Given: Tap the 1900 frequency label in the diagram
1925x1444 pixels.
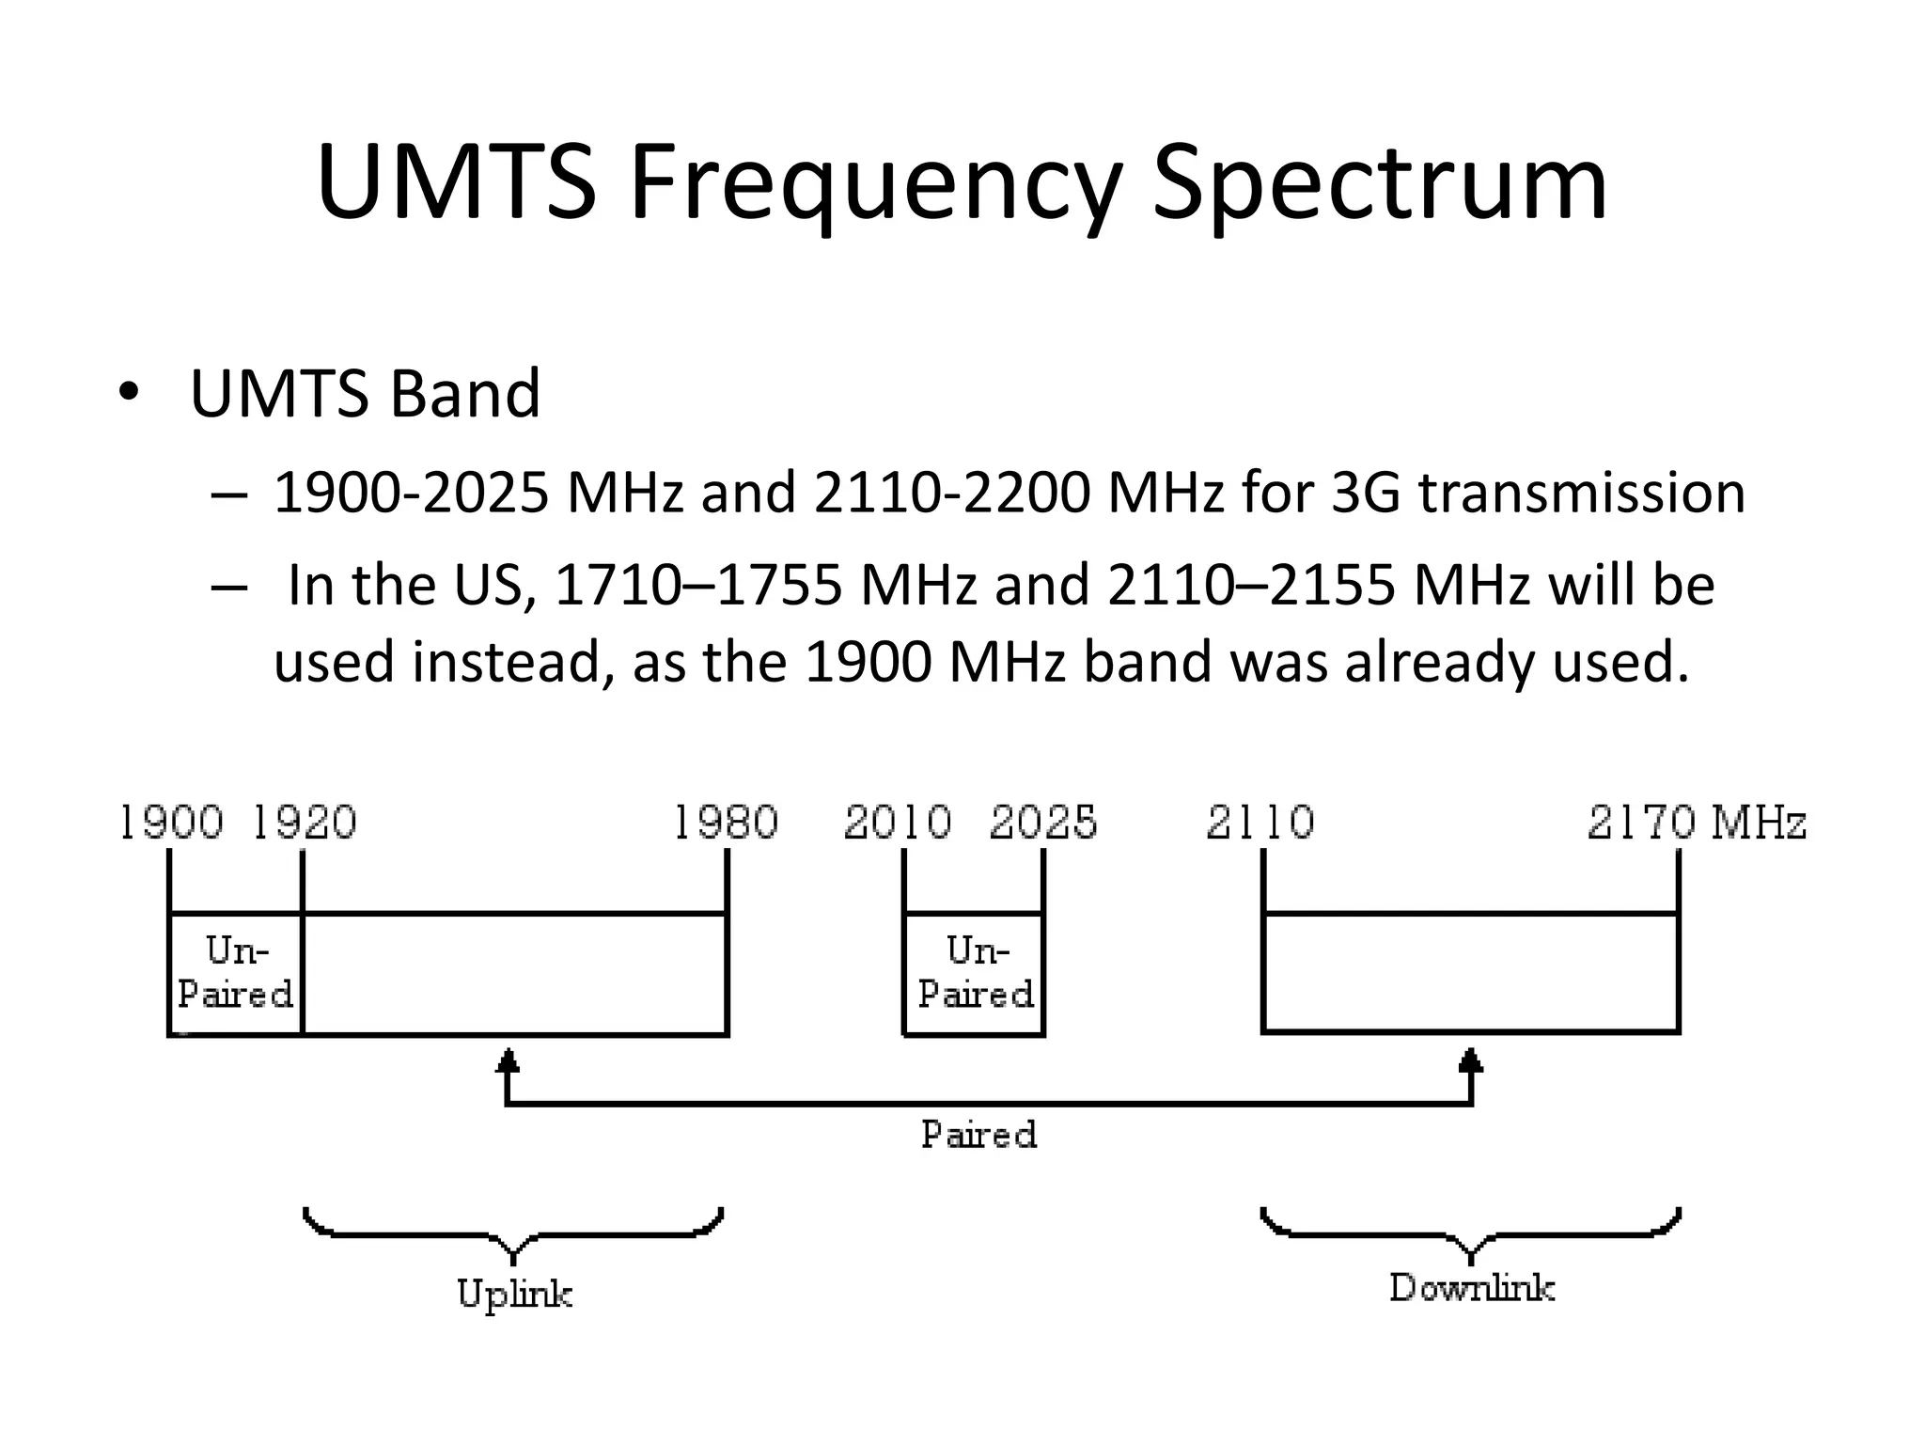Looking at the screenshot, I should click(x=171, y=823).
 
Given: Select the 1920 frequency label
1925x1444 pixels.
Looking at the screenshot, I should click(x=305, y=823).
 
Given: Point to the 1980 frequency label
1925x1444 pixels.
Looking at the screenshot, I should click(x=727, y=823).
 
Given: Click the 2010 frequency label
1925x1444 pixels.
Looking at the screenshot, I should click(x=898, y=823).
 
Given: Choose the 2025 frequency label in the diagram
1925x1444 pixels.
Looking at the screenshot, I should click(x=1043, y=823).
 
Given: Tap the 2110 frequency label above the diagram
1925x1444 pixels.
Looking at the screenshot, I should click(x=1260, y=823).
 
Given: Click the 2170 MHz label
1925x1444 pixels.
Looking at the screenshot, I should click(x=1697, y=823).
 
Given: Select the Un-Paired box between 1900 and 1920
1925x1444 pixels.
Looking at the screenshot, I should click(x=236, y=973).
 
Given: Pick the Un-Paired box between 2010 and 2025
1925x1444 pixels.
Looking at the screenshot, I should click(x=975, y=973).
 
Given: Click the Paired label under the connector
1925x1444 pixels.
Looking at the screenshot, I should click(x=978, y=1135).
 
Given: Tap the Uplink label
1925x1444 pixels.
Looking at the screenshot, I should click(x=515, y=1295).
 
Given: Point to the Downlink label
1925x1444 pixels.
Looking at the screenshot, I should click(x=1472, y=1288).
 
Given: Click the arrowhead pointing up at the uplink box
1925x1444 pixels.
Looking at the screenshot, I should click(x=508, y=1061).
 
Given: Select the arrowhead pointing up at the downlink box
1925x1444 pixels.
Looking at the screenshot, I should click(x=1471, y=1061).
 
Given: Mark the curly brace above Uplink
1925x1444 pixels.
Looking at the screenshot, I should click(x=513, y=1234).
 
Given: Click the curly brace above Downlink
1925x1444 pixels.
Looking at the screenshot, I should click(x=1471, y=1234).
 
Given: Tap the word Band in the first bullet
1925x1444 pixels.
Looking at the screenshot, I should click(x=465, y=394).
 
